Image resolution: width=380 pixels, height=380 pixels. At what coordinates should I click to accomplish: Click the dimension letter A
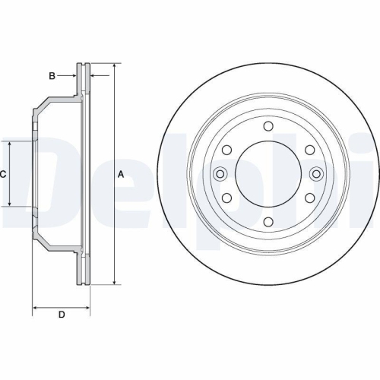coord(121,175)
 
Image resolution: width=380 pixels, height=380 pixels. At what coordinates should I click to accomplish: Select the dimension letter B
coord(52,75)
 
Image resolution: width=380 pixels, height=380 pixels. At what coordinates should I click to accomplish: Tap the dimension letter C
coord(3,174)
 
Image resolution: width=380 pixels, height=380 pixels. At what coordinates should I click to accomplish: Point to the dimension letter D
coord(61,314)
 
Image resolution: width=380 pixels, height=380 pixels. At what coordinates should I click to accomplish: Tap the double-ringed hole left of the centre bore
coord(220,174)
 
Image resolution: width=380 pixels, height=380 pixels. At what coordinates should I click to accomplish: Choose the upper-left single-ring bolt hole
coord(226,150)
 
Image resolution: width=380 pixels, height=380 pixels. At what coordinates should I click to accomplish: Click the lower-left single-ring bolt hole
coord(226,198)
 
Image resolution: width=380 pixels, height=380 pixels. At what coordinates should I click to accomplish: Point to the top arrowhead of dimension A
coord(113,68)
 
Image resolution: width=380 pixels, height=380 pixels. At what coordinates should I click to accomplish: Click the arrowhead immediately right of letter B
coord(76,75)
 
